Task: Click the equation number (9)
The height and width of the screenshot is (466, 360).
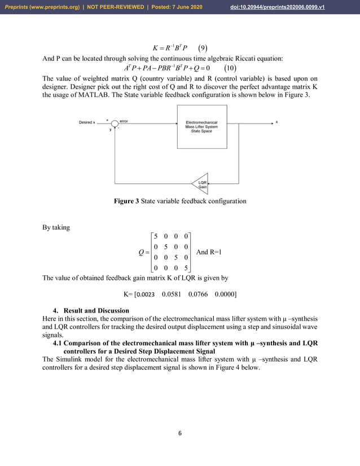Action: (x=204, y=46)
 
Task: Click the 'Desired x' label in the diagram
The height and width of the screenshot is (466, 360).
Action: (x=86, y=122)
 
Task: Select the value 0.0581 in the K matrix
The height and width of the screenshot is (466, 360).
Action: (x=172, y=294)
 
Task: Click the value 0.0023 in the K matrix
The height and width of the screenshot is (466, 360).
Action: (x=146, y=294)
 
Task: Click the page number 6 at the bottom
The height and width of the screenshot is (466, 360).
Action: (x=180, y=433)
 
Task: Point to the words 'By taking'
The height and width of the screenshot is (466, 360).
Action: (x=56, y=228)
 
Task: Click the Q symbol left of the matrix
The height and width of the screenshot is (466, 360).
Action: (x=142, y=252)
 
